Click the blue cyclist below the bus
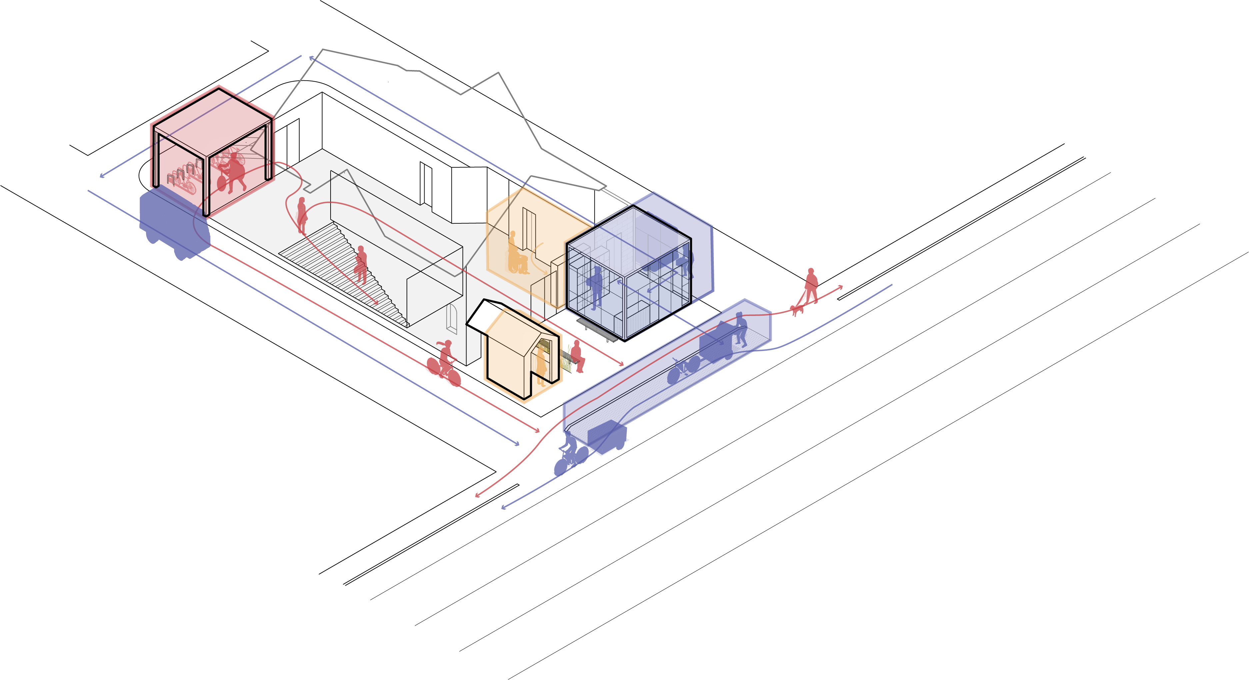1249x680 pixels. [572, 456]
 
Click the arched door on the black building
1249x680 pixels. [451, 318]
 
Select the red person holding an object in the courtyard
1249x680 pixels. [361, 264]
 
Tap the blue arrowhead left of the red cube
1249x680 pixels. [102, 176]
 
